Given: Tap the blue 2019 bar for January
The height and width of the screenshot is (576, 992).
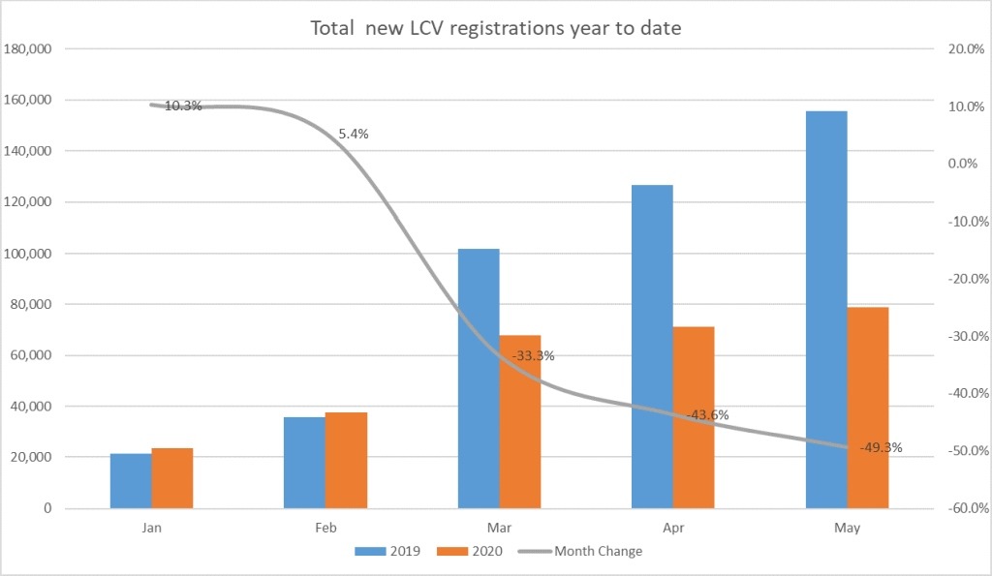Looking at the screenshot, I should [131, 481].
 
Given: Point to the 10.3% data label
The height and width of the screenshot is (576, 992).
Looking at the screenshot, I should [183, 106].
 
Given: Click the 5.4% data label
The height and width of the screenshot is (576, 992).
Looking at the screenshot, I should [353, 135].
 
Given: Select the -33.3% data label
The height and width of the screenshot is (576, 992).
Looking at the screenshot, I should [535, 355].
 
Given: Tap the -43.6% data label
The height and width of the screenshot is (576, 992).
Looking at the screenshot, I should [708, 415].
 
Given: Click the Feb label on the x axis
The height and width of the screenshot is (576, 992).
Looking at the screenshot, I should [325, 529].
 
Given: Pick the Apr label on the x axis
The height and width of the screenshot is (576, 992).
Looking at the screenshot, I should [673, 529].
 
